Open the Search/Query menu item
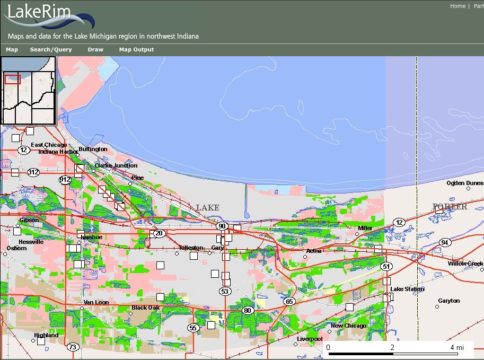pyautogui.click(x=50, y=50)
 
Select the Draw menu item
pyautogui.click(x=95, y=50)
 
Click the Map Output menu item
pyautogui.click(x=136, y=50)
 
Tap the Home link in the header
pyautogui.click(x=457, y=6)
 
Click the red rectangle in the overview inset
pyautogui.click(x=12, y=80)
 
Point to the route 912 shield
pyautogui.click(x=65, y=180)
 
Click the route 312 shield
pyautogui.click(x=33, y=172)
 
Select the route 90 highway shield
pyautogui.click(x=222, y=226)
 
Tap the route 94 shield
pyautogui.click(x=445, y=243)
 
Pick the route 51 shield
pyautogui.click(x=386, y=266)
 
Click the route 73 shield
pyautogui.click(x=72, y=347)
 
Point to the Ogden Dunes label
pyautogui.click(x=465, y=183)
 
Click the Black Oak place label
pyautogui.click(x=146, y=308)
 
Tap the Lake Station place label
pyautogui.click(x=407, y=289)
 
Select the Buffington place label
pyautogui.click(x=93, y=150)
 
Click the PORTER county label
pyautogui.click(x=450, y=207)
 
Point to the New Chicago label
pyautogui.click(x=348, y=326)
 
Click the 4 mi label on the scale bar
pyautogui.click(x=456, y=347)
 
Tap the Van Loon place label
pyautogui.click(x=95, y=302)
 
